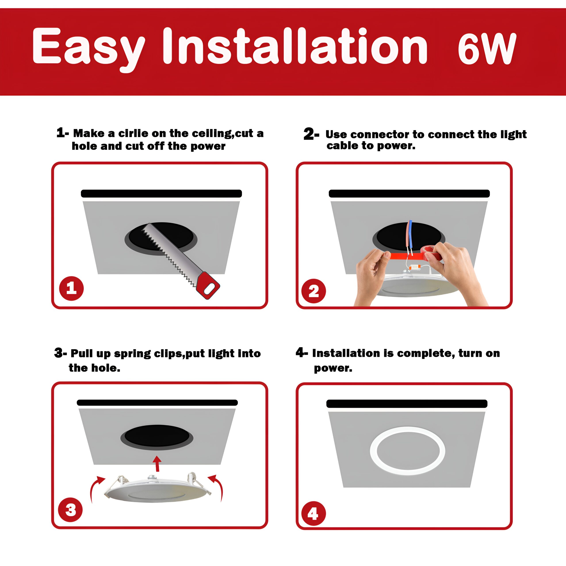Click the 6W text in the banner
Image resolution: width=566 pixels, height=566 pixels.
pos(487,48)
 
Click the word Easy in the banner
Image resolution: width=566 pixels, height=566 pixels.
pos(89,48)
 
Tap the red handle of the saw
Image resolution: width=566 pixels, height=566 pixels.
pos(208,285)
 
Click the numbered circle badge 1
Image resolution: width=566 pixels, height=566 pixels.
pos(71,288)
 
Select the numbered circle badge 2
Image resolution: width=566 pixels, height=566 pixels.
pos(314,291)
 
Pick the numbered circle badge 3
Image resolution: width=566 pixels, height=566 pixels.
pos(71,509)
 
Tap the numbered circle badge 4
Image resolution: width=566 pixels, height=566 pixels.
pos(314,513)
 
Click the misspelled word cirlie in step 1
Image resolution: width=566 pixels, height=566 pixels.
pos(133,133)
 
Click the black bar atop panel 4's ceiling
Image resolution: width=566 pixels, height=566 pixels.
pos(407,404)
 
